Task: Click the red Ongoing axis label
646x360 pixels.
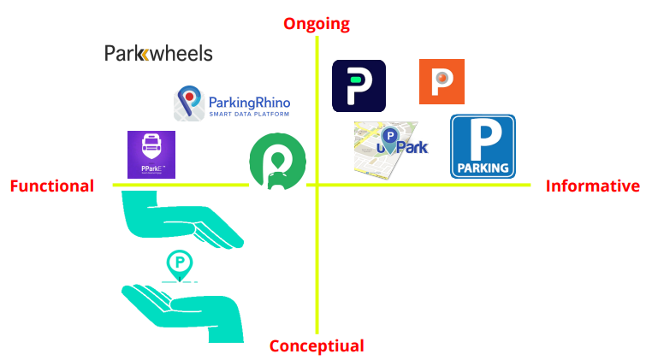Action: coord(317,23)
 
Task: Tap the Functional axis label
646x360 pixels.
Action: coord(51,186)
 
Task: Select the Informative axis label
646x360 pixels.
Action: coord(592,186)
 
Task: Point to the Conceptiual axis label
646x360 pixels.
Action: coord(317,346)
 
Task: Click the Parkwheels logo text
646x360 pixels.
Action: coord(158,54)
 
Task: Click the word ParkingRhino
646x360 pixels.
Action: coord(249,100)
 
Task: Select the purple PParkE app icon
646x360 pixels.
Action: coord(151,155)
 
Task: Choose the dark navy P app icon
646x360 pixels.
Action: coord(359,86)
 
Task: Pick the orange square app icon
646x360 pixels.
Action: coord(442,82)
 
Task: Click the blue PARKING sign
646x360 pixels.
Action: coord(483,146)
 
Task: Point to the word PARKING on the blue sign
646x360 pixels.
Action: coord(483,167)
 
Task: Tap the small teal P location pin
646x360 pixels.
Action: coord(180,263)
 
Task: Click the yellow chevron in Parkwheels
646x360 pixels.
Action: coord(144,55)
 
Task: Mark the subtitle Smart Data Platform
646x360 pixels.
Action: coord(249,114)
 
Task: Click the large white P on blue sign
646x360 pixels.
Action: coord(483,137)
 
